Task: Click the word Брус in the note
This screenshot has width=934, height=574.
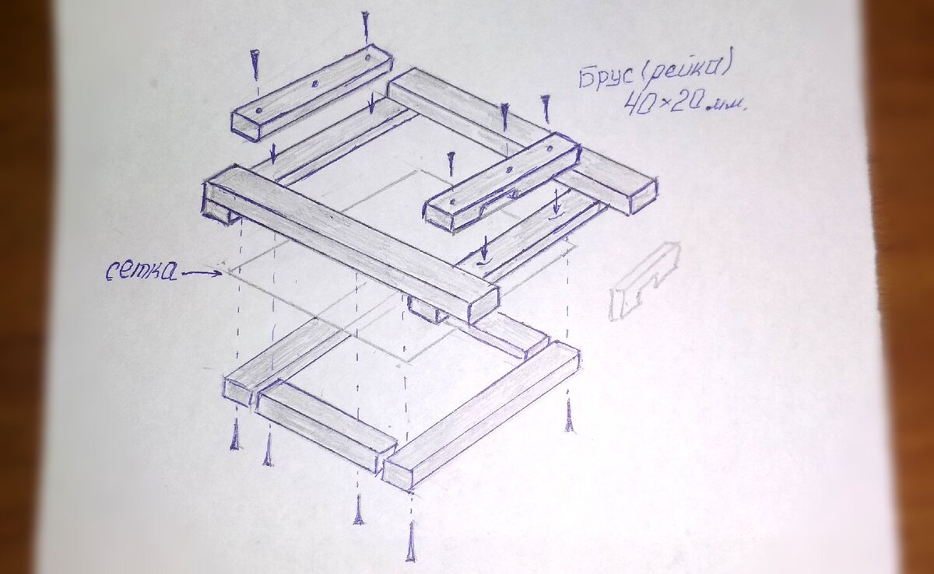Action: tap(606, 79)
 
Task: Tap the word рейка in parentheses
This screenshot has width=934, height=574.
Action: tap(683, 68)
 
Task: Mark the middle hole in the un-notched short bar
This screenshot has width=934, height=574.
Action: tap(316, 85)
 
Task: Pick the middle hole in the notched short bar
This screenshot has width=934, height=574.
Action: tap(509, 170)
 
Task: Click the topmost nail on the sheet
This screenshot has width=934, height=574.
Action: tap(366, 27)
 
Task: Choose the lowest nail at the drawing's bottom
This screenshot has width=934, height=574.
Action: tap(411, 541)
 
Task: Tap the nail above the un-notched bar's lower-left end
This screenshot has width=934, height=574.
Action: tap(255, 65)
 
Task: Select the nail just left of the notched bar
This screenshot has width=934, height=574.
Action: tap(451, 163)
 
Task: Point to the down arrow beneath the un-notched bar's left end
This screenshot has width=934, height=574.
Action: tap(272, 154)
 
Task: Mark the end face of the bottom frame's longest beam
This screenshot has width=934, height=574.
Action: tap(397, 474)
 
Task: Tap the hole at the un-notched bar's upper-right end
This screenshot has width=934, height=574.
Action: tap(367, 58)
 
